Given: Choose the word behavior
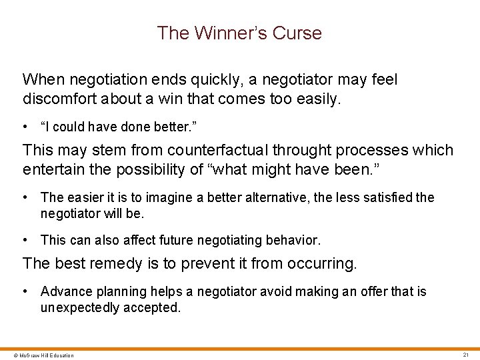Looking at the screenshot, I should click(x=292, y=239).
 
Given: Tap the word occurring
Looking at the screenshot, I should click(x=321, y=263).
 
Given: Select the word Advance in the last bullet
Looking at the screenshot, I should click(x=64, y=291).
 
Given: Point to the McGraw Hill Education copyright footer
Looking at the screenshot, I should click(x=39, y=355).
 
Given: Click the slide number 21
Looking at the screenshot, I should click(x=466, y=355).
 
